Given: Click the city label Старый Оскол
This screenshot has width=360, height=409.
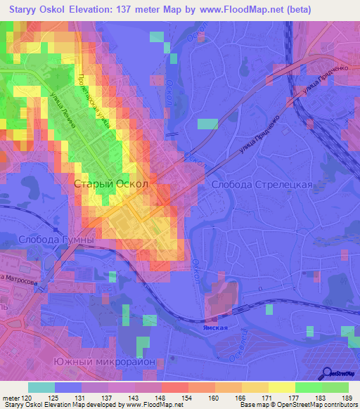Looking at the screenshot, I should (111, 183).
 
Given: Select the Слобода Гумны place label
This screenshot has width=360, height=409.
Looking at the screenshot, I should (47, 240).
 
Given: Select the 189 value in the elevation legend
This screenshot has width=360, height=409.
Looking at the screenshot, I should (342, 398).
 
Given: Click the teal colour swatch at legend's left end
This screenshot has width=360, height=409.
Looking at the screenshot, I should (41, 387).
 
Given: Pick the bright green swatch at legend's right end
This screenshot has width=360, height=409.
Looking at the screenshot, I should (335, 387).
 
